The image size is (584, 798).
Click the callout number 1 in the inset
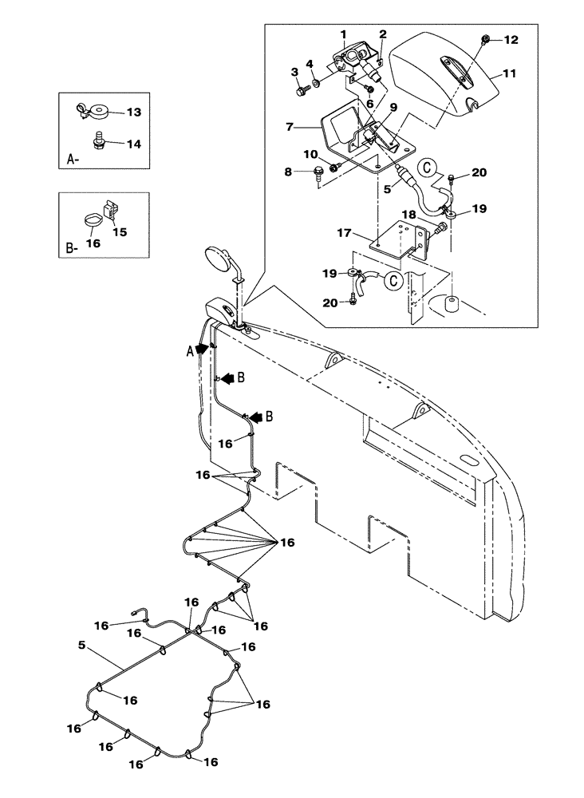[x=342, y=34]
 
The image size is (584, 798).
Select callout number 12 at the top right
[x=510, y=40]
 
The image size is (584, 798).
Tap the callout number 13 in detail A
[x=133, y=113]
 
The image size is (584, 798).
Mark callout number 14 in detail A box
[x=133, y=144]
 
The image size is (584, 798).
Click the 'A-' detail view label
[x=73, y=160]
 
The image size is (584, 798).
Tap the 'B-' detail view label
[x=73, y=250]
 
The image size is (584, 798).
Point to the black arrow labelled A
[x=200, y=348]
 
